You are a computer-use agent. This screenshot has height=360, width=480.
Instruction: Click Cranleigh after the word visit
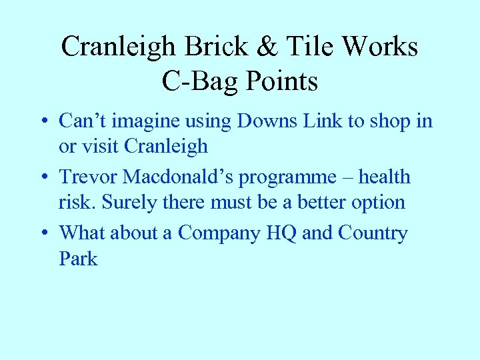click(166, 146)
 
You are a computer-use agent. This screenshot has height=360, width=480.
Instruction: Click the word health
click(385, 177)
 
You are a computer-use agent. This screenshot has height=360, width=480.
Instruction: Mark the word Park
click(78, 258)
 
